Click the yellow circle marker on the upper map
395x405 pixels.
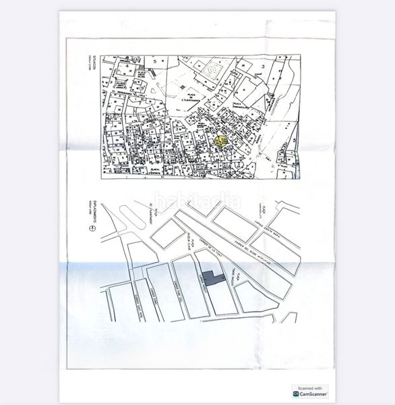[220, 141]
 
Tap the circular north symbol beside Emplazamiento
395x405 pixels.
[86, 230]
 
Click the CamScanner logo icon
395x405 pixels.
[296, 395]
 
